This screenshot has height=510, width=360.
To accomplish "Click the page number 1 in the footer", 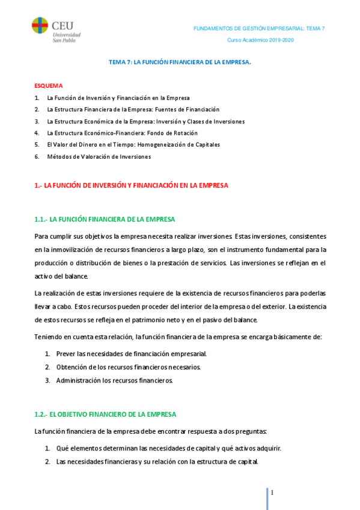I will pos(272,493).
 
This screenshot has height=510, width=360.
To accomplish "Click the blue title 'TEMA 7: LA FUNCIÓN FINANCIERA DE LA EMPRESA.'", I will pos(180,62).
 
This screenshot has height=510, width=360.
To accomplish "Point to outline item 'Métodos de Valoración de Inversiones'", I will pos(99,156).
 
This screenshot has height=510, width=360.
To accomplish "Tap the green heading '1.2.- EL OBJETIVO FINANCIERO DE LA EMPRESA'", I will pos(105,415).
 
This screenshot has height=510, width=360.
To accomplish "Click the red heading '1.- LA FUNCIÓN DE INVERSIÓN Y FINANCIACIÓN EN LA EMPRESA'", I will pos(132,185).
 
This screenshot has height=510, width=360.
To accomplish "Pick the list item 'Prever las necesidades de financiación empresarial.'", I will pos(131,354).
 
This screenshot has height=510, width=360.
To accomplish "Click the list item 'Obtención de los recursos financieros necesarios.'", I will pos(129,367).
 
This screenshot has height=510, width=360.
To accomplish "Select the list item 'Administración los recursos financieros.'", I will pos(114,380).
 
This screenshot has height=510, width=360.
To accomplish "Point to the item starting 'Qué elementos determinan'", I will pos(168,449).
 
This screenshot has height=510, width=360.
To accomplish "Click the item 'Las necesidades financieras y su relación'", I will pos(157,462).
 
